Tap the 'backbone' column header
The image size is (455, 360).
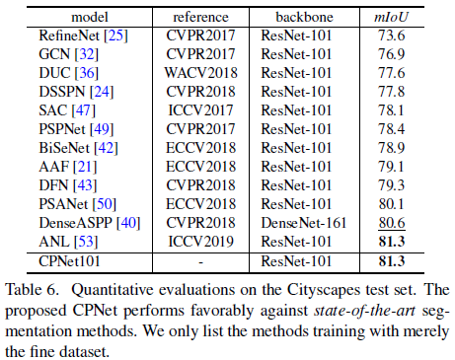[x=294, y=15]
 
